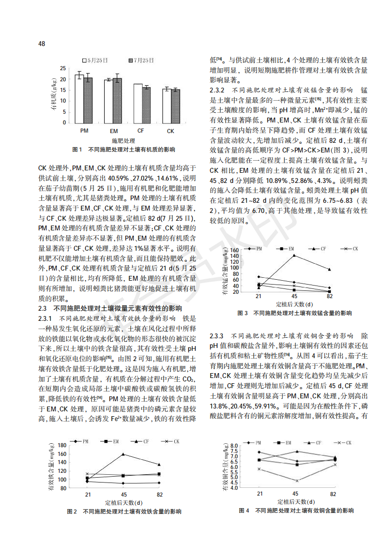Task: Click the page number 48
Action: pyautogui.click(x=42, y=44)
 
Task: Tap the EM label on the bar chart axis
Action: pyautogui.click(x=114, y=131)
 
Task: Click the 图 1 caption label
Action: pyautogui.click(x=77, y=150)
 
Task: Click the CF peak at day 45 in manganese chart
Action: pyautogui.click(x=293, y=255)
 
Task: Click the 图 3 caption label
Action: pyautogui.click(x=243, y=313)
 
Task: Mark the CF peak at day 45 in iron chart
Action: pyautogui.click(x=123, y=454)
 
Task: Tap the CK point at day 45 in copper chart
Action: pyautogui.click(x=296, y=481)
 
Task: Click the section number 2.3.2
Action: pyautogui.click(x=217, y=90)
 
